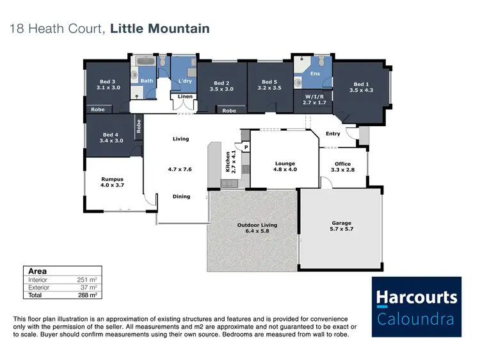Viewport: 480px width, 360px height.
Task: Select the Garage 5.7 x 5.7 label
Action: coord(341,226)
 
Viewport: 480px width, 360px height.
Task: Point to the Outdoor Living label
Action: coord(257,227)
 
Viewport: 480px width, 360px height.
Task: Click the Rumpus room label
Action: coord(112,183)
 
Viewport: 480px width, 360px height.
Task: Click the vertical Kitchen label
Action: coord(229,162)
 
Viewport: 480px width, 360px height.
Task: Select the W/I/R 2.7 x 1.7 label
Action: coord(314,99)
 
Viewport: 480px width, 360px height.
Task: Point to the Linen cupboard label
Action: coord(185,97)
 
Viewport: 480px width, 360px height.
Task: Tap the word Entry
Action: coord(333,134)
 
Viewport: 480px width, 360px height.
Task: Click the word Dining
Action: coord(182,197)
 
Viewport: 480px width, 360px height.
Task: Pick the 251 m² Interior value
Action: coord(87,280)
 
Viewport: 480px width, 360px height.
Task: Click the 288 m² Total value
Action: coord(87,295)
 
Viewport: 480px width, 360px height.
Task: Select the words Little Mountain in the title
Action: coord(159,29)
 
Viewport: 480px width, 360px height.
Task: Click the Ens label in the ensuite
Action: coord(315,74)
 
